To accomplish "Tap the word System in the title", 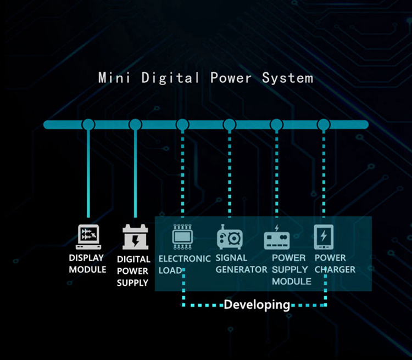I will [287, 77].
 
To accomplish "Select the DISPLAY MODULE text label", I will [87, 263].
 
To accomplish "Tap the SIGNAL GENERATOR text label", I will [240, 263].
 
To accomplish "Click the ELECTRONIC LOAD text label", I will [184, 263].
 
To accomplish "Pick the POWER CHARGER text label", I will [335, 263].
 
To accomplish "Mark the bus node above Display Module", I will [88, 125].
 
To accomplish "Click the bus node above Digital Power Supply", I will [135, 125].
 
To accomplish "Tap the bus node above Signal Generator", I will [230, 125].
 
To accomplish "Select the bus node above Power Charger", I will [324, 125].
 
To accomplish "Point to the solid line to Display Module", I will [88, 176].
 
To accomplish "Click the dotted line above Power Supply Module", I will [276, 176].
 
